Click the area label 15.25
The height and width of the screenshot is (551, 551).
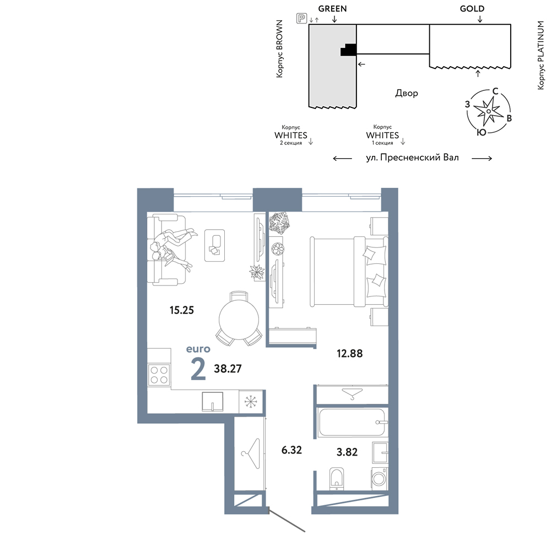181,310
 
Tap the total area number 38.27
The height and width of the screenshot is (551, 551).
228,368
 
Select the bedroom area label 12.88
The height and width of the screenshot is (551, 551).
349,353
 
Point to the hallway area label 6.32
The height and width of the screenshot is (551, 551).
291,450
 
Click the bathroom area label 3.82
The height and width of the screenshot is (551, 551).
347,452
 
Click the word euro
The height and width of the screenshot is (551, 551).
198,349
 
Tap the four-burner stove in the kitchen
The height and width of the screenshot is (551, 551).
159,375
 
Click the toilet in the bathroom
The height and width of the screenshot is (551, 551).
337,478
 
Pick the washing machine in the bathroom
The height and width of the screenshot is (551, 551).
380,478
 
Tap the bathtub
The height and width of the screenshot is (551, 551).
353,423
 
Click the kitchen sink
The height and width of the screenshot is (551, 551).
213,401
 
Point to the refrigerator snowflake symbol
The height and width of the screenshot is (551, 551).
250,401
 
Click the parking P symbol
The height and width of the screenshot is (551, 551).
301,18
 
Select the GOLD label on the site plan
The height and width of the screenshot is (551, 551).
472,9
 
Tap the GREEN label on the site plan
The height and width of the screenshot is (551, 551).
332,9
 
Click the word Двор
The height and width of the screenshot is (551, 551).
407,93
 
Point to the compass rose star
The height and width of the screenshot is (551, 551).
488,111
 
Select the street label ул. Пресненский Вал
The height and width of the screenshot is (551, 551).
413,158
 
